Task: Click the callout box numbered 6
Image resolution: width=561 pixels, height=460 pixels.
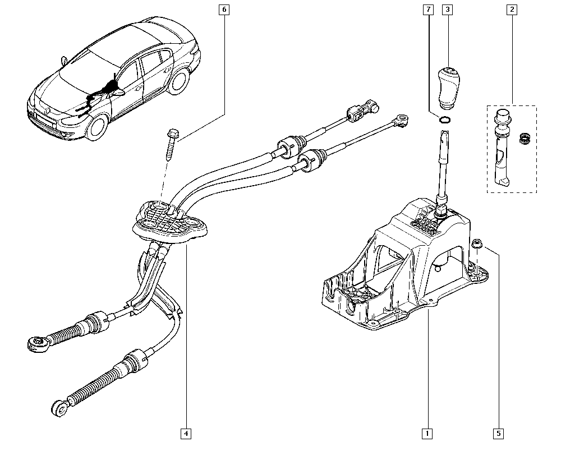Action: [225, 10]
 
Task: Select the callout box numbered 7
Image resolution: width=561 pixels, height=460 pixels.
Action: [429, 10]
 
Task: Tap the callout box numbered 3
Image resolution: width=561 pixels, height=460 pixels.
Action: [447, 10]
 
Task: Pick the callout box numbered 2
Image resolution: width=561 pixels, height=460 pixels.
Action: [512, 10]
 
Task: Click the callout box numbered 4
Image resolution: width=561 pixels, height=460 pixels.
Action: [186, 433]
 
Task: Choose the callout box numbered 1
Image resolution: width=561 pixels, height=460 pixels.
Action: [427, 433]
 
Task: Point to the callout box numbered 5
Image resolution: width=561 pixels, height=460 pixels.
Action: [498, 433]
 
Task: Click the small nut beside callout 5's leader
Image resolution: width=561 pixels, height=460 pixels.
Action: [476, 243]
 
